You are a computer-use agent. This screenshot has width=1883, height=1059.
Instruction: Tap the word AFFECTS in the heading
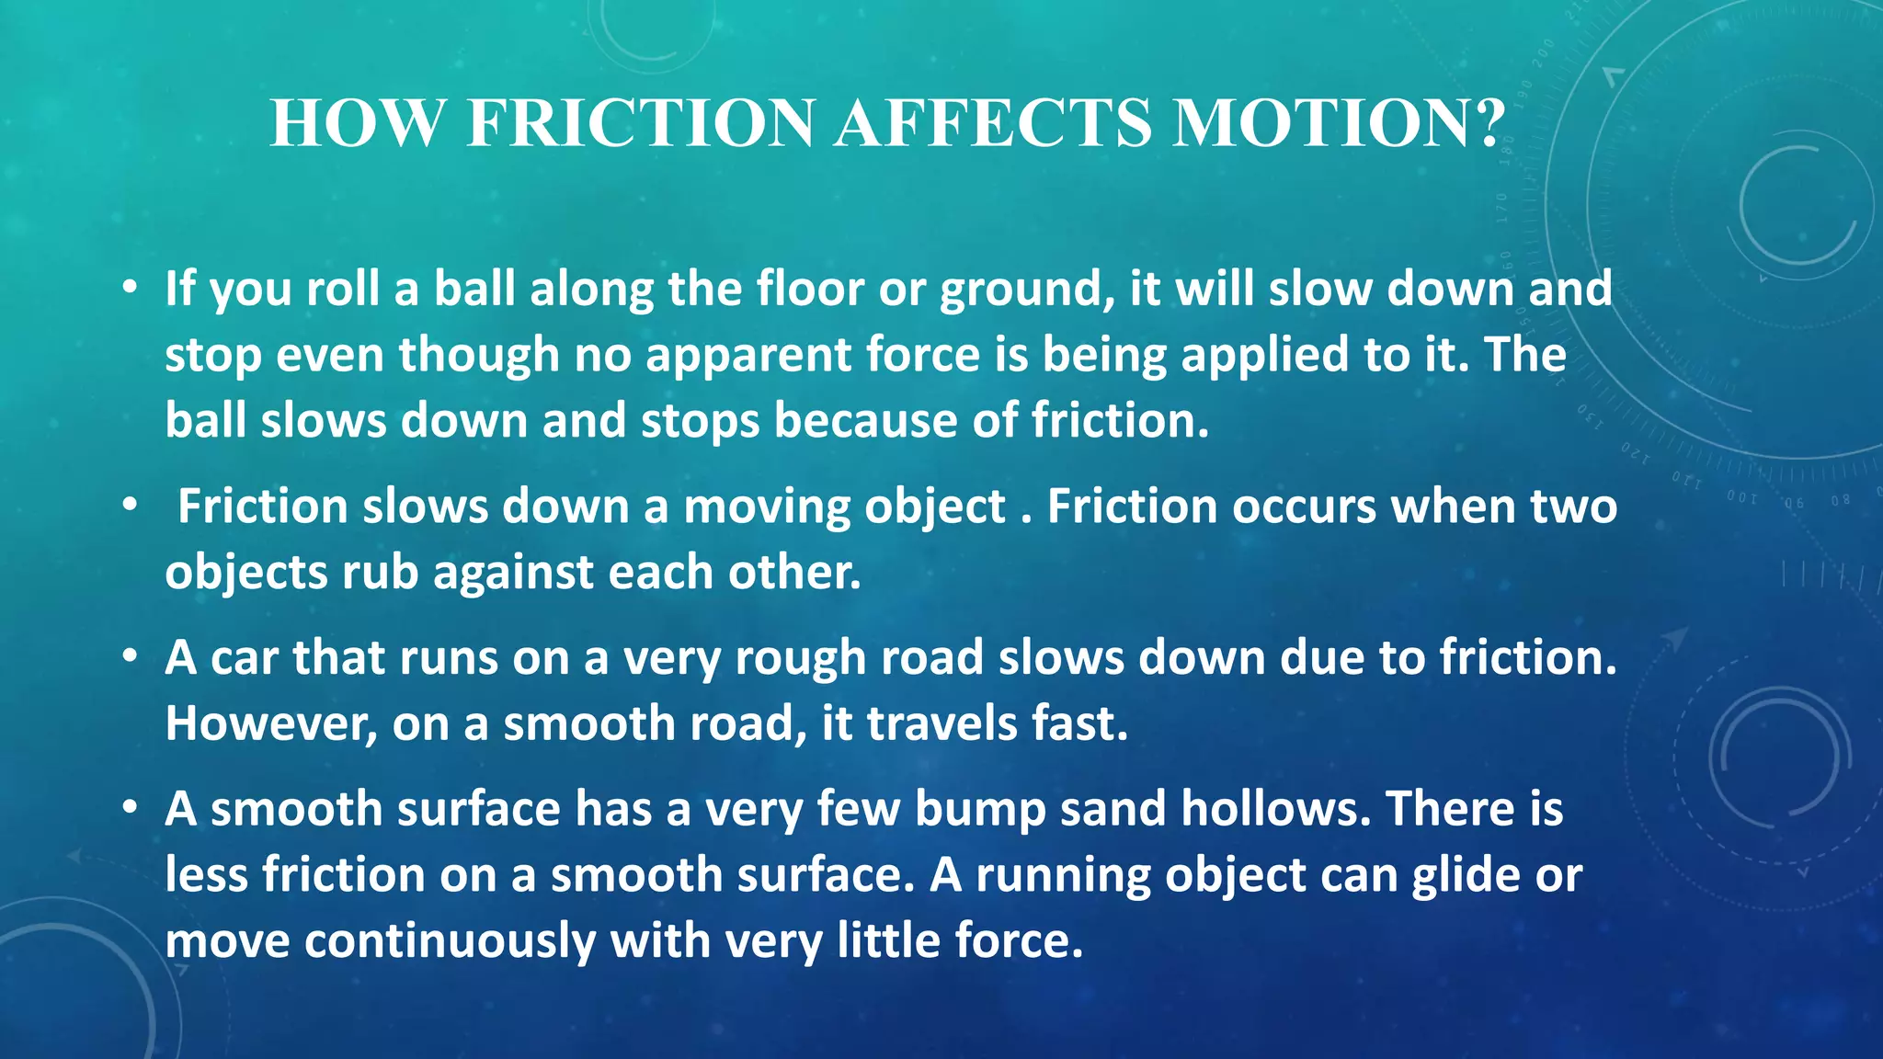992,123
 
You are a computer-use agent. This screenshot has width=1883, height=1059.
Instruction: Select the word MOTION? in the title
1339,123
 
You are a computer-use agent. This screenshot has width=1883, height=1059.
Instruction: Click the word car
244,658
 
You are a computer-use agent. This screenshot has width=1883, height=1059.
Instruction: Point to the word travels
941,723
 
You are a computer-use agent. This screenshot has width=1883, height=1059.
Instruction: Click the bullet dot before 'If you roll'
131,289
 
